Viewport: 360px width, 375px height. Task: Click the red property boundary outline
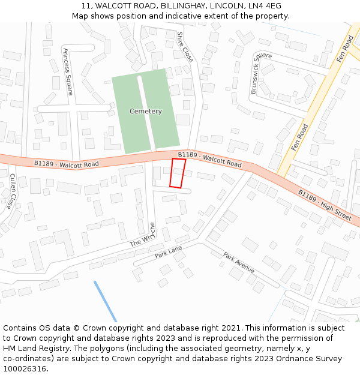click(178, 173)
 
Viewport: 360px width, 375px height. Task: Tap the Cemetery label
click(146, 112)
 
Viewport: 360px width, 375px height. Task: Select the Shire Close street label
click(185, 47)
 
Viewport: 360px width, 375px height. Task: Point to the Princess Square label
click(67, 72)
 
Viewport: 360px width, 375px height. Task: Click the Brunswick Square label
click(261, 73)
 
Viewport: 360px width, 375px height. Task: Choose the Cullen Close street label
click(13, 191)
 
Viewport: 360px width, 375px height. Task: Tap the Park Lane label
click(168, 251)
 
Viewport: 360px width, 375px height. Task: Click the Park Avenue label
click(239, 262)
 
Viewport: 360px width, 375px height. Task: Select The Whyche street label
click(143, 236)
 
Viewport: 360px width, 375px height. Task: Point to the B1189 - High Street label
click(325, 205)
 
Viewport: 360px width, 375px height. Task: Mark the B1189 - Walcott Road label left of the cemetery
click(66, 163)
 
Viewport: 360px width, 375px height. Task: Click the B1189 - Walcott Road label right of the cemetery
click(210, 159)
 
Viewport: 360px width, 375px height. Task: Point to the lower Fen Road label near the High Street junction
click(299, 137)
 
